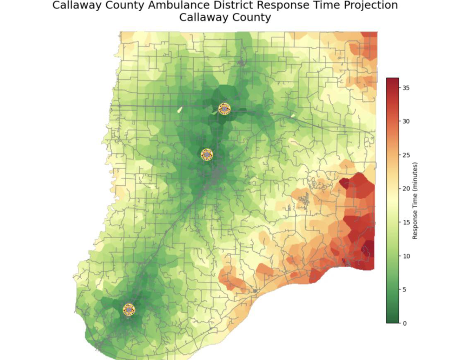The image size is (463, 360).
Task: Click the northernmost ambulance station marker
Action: [x=224, y=109]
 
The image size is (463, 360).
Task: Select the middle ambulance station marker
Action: [x=207, y=155]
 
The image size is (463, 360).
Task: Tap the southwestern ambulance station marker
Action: [x=129, y=310]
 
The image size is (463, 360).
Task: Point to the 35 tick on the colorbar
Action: [x=406, y=88]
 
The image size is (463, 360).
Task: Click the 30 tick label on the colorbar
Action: [x=406, y=121]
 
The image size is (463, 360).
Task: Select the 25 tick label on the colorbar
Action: [x=406, y=155]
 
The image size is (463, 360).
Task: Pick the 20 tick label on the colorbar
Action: [x=406, y=188]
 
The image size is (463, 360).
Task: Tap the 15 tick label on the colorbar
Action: [x=406, y=222]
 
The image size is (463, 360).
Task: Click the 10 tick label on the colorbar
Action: [x=406, y=256]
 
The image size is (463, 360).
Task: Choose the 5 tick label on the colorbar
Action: [x=404, y=290]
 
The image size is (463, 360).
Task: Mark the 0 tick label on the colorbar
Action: [x=404, y=323]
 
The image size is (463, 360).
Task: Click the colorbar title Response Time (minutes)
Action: [x=415, y=200]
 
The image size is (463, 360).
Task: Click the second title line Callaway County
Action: [x=225, y=18]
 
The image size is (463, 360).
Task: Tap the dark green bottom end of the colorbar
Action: [x=393, y=320]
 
